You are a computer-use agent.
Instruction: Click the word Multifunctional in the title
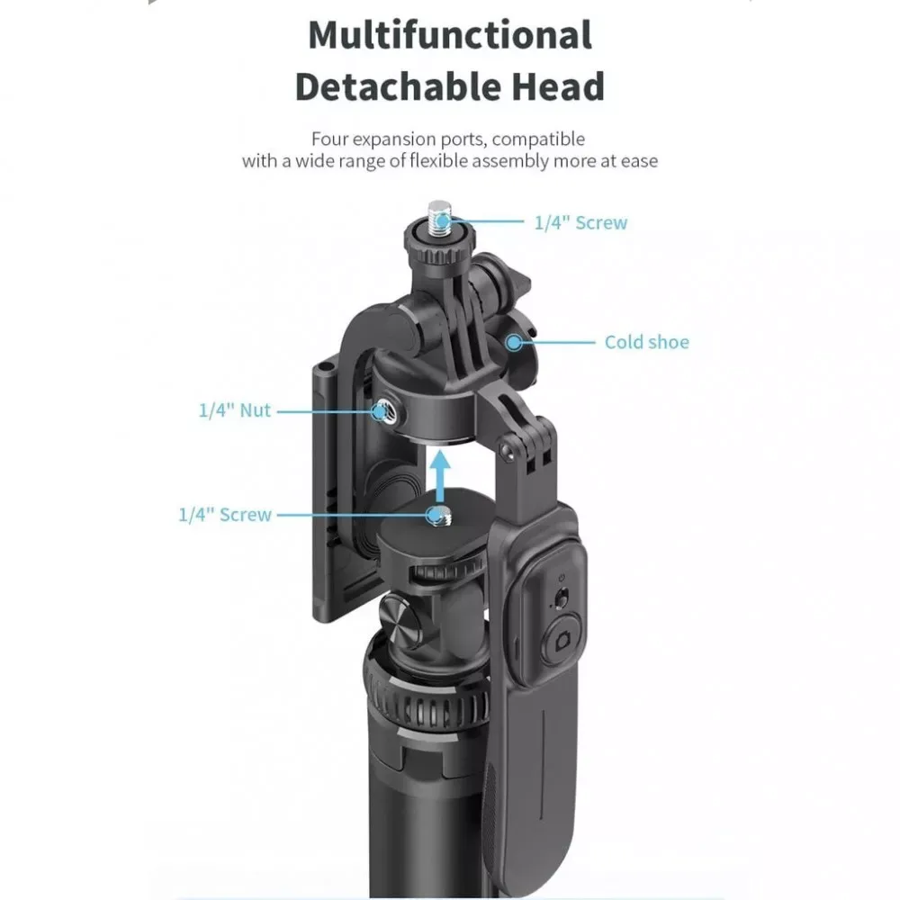(x=450, y=35)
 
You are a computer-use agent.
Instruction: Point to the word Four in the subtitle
(x=330, y=139)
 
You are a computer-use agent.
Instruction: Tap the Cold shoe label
(x=646, y=342)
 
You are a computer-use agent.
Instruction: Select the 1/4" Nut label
(x=234, y=410)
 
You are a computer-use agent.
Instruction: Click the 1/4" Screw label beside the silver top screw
(x=580, y=223)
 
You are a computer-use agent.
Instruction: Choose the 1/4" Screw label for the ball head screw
(x=224, y=515)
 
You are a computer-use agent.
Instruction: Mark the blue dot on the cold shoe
(x=514, y=342)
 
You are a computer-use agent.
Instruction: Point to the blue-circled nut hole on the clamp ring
(x=382, y=411)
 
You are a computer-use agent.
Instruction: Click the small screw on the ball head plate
(x=438, y=515)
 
